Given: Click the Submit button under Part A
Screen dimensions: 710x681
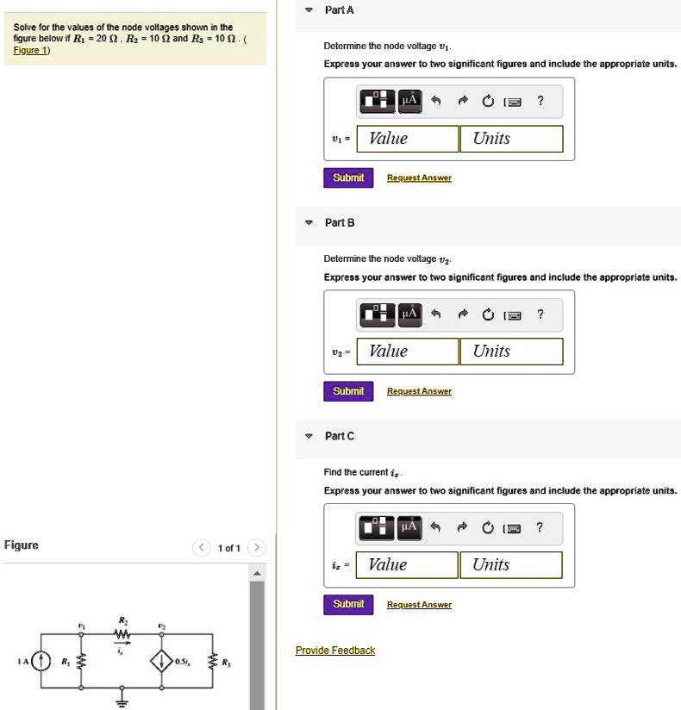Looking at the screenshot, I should [x=348, y=178].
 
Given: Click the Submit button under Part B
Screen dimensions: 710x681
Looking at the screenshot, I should [x=348, y=391].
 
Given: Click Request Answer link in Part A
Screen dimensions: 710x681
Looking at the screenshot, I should [x=419, y=178].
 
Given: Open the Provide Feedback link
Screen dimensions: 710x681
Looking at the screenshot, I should [x=335, y=651].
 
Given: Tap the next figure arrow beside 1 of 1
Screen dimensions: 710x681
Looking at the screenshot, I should [x=256, y=549].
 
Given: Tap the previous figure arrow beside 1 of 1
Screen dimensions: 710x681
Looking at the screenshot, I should [x=201, y=549].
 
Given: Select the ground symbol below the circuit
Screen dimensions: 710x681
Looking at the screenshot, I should [x=121, y=699].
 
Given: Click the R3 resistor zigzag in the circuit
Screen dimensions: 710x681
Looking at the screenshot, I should [x=213, y=662].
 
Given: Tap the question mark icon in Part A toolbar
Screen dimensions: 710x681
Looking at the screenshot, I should [x=540, y=101].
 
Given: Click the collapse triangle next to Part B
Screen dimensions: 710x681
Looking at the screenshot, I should [x=309, y=223].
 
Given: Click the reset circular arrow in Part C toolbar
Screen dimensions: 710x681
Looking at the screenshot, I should [x=488, y=527].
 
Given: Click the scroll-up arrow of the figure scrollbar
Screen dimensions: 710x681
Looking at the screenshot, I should [x=257, y=573].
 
